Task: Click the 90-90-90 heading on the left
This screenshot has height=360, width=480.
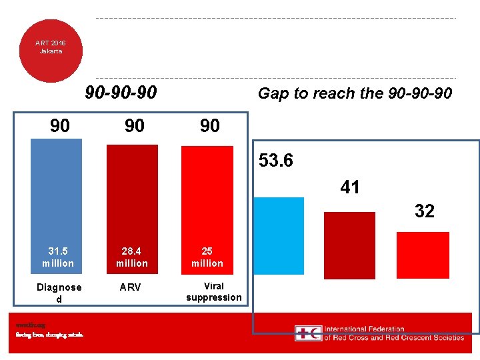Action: tap(121, 93)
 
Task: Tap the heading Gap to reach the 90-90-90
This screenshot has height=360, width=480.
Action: tap(355, 93)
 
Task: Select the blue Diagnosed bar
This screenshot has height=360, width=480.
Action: tap(57, 193)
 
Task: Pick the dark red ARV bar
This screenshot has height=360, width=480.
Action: tap(132, 197)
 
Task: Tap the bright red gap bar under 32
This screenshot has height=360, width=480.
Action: tap(423, 254)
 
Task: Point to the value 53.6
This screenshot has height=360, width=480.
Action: tap(276, 161)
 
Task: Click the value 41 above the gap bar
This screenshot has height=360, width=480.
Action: tap(350, 188)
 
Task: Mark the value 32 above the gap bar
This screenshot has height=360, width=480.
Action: tap(424, 211)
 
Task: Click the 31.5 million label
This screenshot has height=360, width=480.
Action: tap(58, 257)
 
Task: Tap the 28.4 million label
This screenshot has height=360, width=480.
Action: tap(132, 257)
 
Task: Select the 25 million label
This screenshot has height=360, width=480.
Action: tap(207, 257)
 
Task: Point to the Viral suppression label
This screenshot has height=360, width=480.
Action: tap(213, 291)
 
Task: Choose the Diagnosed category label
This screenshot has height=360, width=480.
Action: tap(59, 293)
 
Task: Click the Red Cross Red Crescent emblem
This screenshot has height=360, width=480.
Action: tap(309, 333)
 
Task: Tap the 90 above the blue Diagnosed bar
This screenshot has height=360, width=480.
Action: tap(60, 125)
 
